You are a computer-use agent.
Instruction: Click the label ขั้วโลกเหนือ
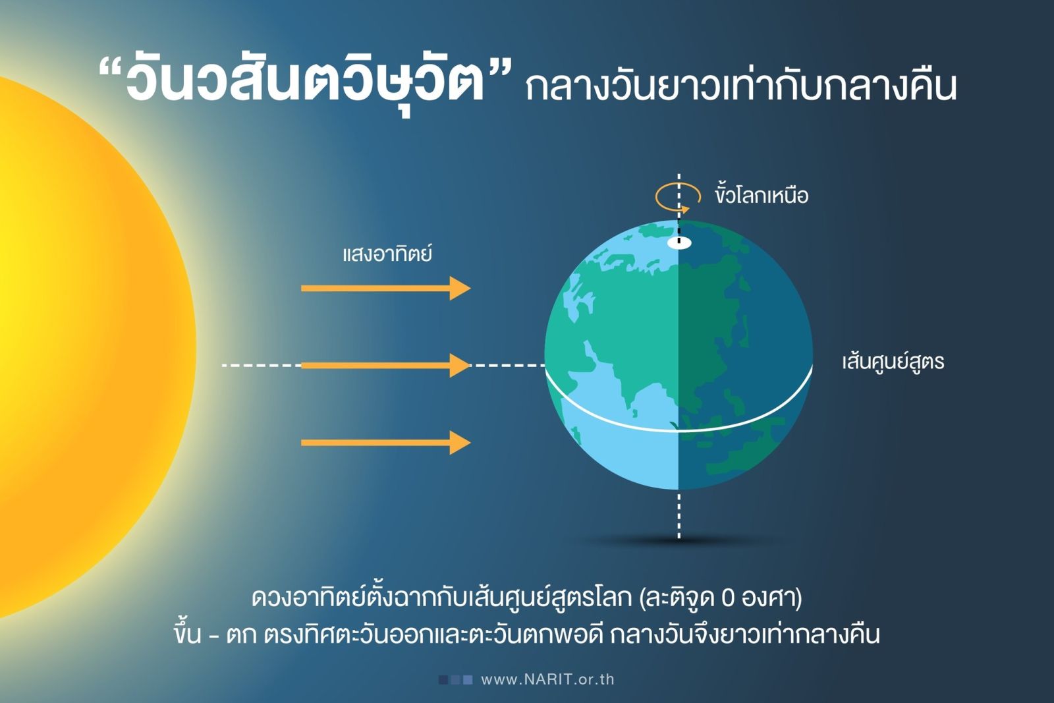(762, 195)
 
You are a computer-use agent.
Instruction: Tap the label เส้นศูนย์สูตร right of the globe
(893, 362)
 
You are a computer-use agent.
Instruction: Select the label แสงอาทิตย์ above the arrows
(387, 254)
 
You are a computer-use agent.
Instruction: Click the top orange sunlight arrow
(386, 288)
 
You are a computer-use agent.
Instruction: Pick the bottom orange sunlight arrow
(386, 442)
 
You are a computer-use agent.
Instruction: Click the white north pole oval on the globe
(679, 243)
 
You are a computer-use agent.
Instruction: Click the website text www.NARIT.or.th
(547, 679)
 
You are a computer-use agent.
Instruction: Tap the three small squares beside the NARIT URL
(455, 680)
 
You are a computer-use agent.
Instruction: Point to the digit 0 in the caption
(727, 598)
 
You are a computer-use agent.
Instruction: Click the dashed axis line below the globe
(679, 515)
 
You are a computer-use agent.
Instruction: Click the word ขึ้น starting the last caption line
(187, 633)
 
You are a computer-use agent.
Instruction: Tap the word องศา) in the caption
(771, 598)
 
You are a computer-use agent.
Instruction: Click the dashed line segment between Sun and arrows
(261, 365)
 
